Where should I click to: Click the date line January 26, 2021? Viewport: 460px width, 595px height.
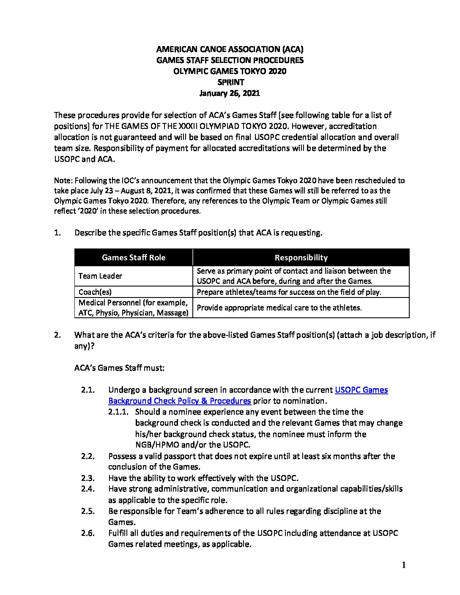click(x=230, y=93)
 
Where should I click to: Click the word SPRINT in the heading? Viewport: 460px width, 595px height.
click(x=230, y=82)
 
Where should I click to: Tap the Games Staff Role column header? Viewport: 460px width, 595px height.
click(x=134, y=257)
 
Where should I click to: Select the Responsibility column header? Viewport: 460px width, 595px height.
click(x=301, y=257)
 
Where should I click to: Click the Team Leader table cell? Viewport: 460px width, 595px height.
click(x=101, y=276)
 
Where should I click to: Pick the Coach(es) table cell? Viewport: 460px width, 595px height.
click(x=95, y=292)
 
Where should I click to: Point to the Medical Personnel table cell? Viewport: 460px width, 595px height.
click(x=133, y=308)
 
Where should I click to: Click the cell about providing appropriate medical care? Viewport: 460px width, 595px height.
click(x=279, y=308)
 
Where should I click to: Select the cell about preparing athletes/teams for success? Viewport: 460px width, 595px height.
click(x=289, y=292)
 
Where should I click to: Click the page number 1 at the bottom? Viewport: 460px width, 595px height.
click(x=404, y=565)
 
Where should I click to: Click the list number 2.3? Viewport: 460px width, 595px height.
click(x=88, y=478)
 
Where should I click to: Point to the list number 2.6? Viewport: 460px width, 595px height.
click(x=88, y=533)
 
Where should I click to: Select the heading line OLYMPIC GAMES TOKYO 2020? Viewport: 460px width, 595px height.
click(x=230, y=71)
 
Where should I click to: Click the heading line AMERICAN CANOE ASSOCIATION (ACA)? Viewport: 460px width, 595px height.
click(x=230, y=49)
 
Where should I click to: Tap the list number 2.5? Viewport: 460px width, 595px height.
click(x=88, y=511)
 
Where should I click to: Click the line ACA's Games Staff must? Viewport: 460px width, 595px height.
click(x=119, y=368)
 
